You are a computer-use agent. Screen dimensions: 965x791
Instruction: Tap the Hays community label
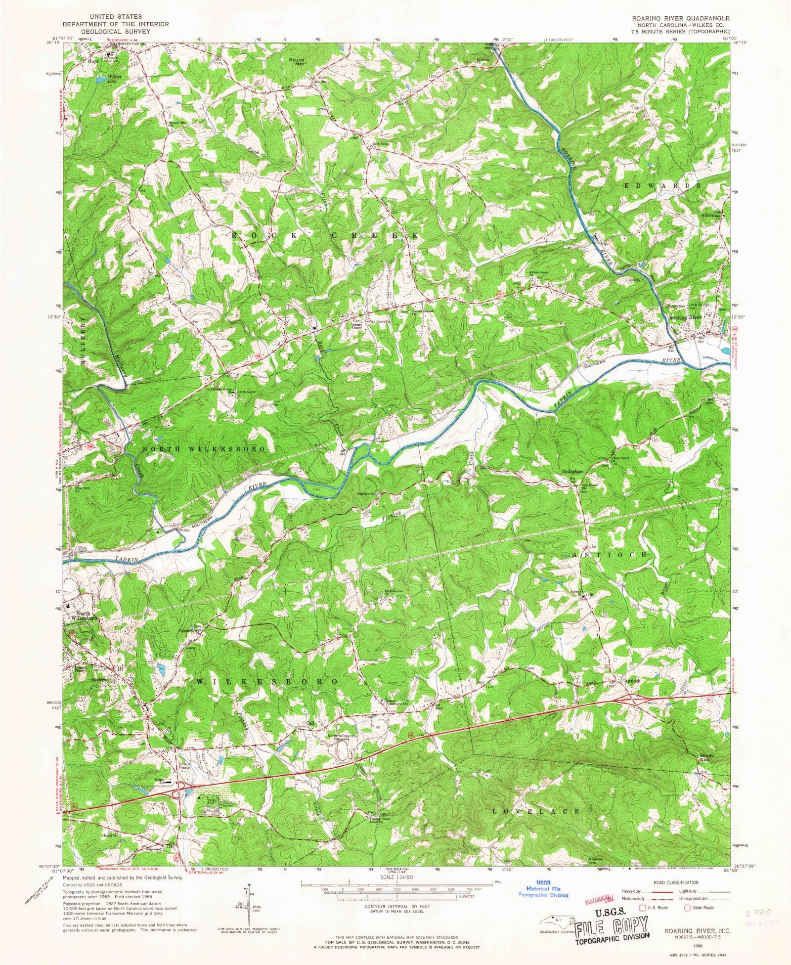[x=93, y=61]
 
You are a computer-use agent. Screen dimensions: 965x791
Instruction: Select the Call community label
[x=310, y=723]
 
